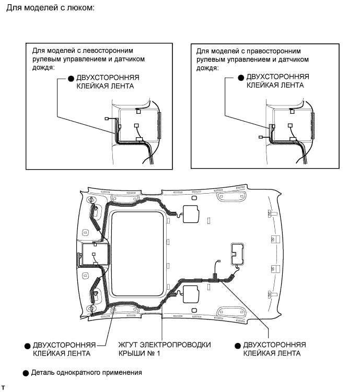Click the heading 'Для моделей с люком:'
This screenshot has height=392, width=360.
pyautogui.click(x=50, y=8)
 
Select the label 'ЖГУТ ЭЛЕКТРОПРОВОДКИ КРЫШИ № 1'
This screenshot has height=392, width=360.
pyautogui.click(x=165, y=349)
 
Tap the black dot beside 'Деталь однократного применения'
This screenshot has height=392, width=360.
pyautogui.click(x=26, y=373)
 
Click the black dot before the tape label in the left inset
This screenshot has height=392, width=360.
pyautogui.click(x=71, y=78)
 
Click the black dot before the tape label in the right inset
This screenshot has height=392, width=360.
pyautogui.click(x=241, y=78)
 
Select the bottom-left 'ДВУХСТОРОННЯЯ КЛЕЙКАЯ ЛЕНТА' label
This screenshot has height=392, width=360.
pyautogui.click(x=64, y=349)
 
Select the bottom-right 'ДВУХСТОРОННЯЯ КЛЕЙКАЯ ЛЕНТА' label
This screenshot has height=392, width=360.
pyautogui.click(x=274, y=349)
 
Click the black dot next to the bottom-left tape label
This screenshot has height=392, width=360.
pyautogui.click(x=28, y=346)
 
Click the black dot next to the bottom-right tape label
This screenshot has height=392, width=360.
pyautogui.click(x=238, y=346)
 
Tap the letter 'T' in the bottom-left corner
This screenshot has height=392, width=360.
pyautogui.click(x=3, y=388)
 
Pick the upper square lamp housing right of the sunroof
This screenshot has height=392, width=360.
pyautogui.click(x=191, y=214)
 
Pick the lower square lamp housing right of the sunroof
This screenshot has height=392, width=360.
pyautogui.click(x=191, y=294)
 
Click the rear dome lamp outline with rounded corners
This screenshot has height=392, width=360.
pyautogui.click(x=237, y=254)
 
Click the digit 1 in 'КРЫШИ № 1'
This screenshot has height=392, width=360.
pyautogui.click(x=158, y=353)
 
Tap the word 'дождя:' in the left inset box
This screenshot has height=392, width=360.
pyautogui.click(x=43, y=67)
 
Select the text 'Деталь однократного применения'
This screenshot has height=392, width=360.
pyautogui.click(x=87, y=373)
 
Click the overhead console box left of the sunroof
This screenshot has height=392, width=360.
pyautogui.click(x=96, y=254)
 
